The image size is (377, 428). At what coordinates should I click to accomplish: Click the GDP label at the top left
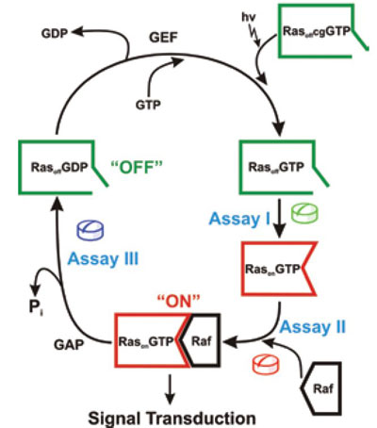(55, 33)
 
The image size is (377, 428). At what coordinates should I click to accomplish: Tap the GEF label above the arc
(163, 38)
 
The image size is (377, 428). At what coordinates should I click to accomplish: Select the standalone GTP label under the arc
(148, 105)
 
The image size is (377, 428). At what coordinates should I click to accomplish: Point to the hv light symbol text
(248, 17)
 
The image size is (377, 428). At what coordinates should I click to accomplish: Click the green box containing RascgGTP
(280, 31)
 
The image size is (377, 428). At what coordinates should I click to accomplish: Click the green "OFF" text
(137, 167)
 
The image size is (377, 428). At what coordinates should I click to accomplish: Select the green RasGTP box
(241, 167)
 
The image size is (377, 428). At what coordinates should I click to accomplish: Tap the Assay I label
(239, 219)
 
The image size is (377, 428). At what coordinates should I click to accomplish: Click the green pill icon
(304, 214)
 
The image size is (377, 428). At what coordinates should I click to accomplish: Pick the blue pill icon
(90, 230)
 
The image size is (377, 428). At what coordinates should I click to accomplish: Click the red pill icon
(266, 365)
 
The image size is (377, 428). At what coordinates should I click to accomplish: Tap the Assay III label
(103, 259)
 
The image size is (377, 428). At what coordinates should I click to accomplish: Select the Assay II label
(313, 327)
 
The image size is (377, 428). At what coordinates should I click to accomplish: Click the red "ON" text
(178, 302)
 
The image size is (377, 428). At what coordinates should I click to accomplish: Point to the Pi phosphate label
(36, 307)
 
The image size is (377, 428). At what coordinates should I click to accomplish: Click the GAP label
(69, 345)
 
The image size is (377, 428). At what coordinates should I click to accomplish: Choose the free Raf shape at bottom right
(340, 388)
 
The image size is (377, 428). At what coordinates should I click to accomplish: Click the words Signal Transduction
(172, 419)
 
